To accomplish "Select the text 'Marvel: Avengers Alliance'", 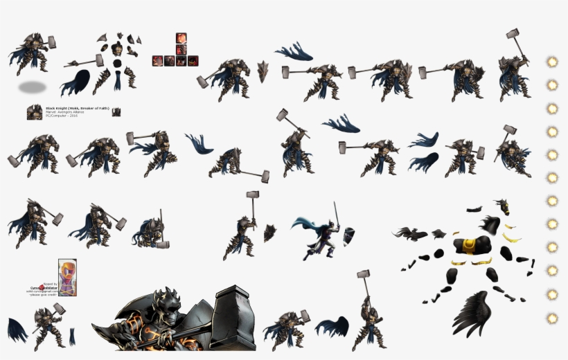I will coord(64,111).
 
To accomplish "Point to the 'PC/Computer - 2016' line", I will coord(61,116).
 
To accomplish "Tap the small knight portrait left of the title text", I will coord(35,112).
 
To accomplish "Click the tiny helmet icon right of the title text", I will coord(116,111).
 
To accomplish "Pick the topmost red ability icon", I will coord(181,38).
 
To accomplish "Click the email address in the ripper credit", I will coord(42,291).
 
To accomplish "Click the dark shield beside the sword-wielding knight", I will coord(349,235).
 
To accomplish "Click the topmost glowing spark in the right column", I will coord(552,62).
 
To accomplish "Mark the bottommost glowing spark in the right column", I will coord(552,318).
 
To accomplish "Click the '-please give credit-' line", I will coord(42,296).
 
